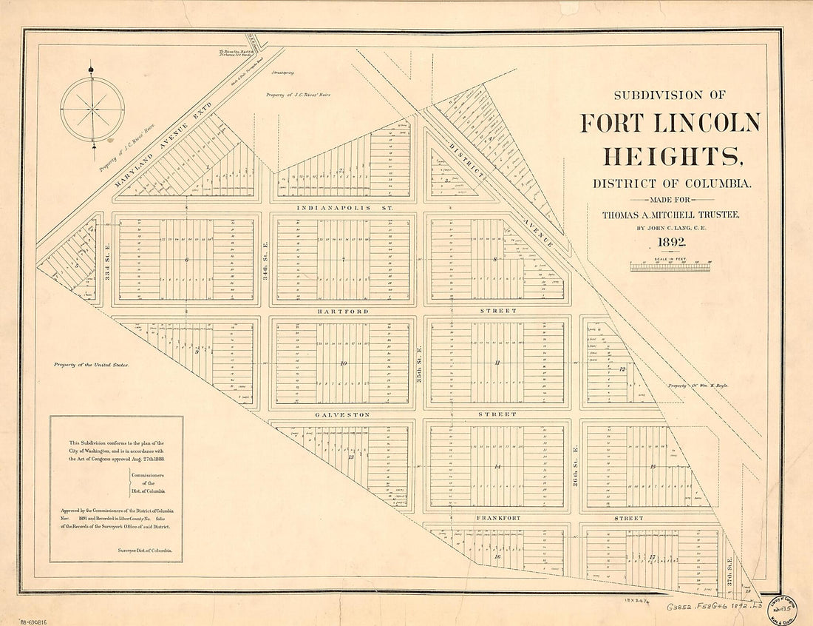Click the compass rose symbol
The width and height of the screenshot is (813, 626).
tap(92, 110)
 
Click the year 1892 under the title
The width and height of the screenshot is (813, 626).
tap(668, 243)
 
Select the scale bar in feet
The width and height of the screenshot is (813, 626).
tap(670, 266)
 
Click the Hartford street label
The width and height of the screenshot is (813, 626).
tap(343, 312)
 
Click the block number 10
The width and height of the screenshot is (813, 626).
tap(343, 363)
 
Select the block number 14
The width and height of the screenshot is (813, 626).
tap(497, 467)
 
